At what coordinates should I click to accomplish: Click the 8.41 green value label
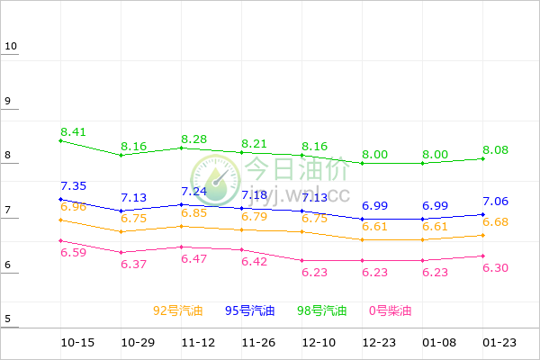(x=73, y=132)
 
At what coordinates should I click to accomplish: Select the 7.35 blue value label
(x=73, y=186)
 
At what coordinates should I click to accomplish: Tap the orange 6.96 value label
(x=73, y=207)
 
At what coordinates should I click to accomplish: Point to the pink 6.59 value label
(x=73, y=253)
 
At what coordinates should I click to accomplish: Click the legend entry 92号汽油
(x=178, y=311)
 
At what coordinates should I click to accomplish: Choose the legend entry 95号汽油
(x=250, y=311)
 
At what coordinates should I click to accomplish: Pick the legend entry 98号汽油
(x=322, y=311)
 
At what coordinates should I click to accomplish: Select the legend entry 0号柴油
(x=390, y=311)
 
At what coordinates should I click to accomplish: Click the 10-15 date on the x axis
(x=78, y=343)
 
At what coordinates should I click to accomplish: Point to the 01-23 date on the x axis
(x=498, y=343)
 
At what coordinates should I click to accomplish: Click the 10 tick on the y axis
(x=11, y=47)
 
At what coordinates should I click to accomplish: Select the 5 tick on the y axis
(x=8, y=319)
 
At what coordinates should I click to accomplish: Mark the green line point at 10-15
(x=60, y=140)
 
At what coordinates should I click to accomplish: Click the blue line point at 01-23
(x=483, y=214)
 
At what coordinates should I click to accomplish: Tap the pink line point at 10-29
(x=121, y=253)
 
